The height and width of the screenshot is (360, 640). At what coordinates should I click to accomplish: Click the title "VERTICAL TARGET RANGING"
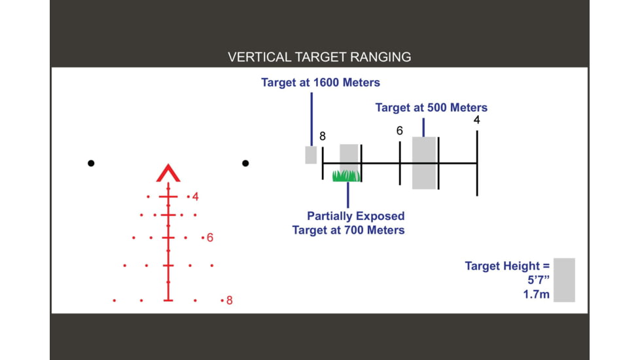pyautogui.click(x=319, y=57)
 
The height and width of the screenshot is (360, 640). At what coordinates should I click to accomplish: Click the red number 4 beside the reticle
pyautogui.click(x=196, y=197)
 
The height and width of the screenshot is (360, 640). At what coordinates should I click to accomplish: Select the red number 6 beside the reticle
pyautogui.click(x=210, y=238)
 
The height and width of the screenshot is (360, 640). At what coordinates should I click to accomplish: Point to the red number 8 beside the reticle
pyautogui.click(x=230, y=300)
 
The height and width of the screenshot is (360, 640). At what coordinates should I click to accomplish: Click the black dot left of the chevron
pyautogui.click(x=91, y=163)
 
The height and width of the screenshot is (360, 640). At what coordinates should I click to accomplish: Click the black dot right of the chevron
pyautogui.click(x=245, y=163)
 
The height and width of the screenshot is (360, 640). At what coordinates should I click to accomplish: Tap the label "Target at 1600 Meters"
pyautogui.click(x=321, y=82)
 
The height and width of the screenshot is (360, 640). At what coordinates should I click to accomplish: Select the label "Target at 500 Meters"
pyautogui.click(x=431, y=108)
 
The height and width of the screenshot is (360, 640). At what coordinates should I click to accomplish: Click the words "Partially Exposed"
pyautogui.click(x=356, y=216)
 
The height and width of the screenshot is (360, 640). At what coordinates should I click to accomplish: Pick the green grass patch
pyautogui.click(x=347, y=176)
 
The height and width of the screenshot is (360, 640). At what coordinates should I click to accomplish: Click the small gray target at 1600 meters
pyautogui.click(x=311, y=155)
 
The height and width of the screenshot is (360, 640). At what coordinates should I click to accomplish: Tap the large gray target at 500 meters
pyautogui.click(x=425, y=163)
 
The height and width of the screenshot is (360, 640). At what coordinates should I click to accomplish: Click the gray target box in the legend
pyautogui.click(x=564, y=280)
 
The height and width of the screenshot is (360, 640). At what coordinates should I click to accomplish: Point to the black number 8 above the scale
pyautogui.click(x=323, y=136)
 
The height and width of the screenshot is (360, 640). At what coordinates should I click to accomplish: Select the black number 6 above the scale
pyautogui.click(x=400, y=131)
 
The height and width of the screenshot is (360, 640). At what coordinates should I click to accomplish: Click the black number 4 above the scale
pyautogui.click(x=477, y=120)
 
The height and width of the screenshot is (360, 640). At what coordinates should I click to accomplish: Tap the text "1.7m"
pyautogui.click(x=537, y=295)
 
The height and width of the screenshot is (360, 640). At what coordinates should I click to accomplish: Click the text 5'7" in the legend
pyautogui.click(x=539, y=280)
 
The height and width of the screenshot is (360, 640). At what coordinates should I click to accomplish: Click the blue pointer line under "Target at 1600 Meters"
pyautogui.click(x=312, y=119)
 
